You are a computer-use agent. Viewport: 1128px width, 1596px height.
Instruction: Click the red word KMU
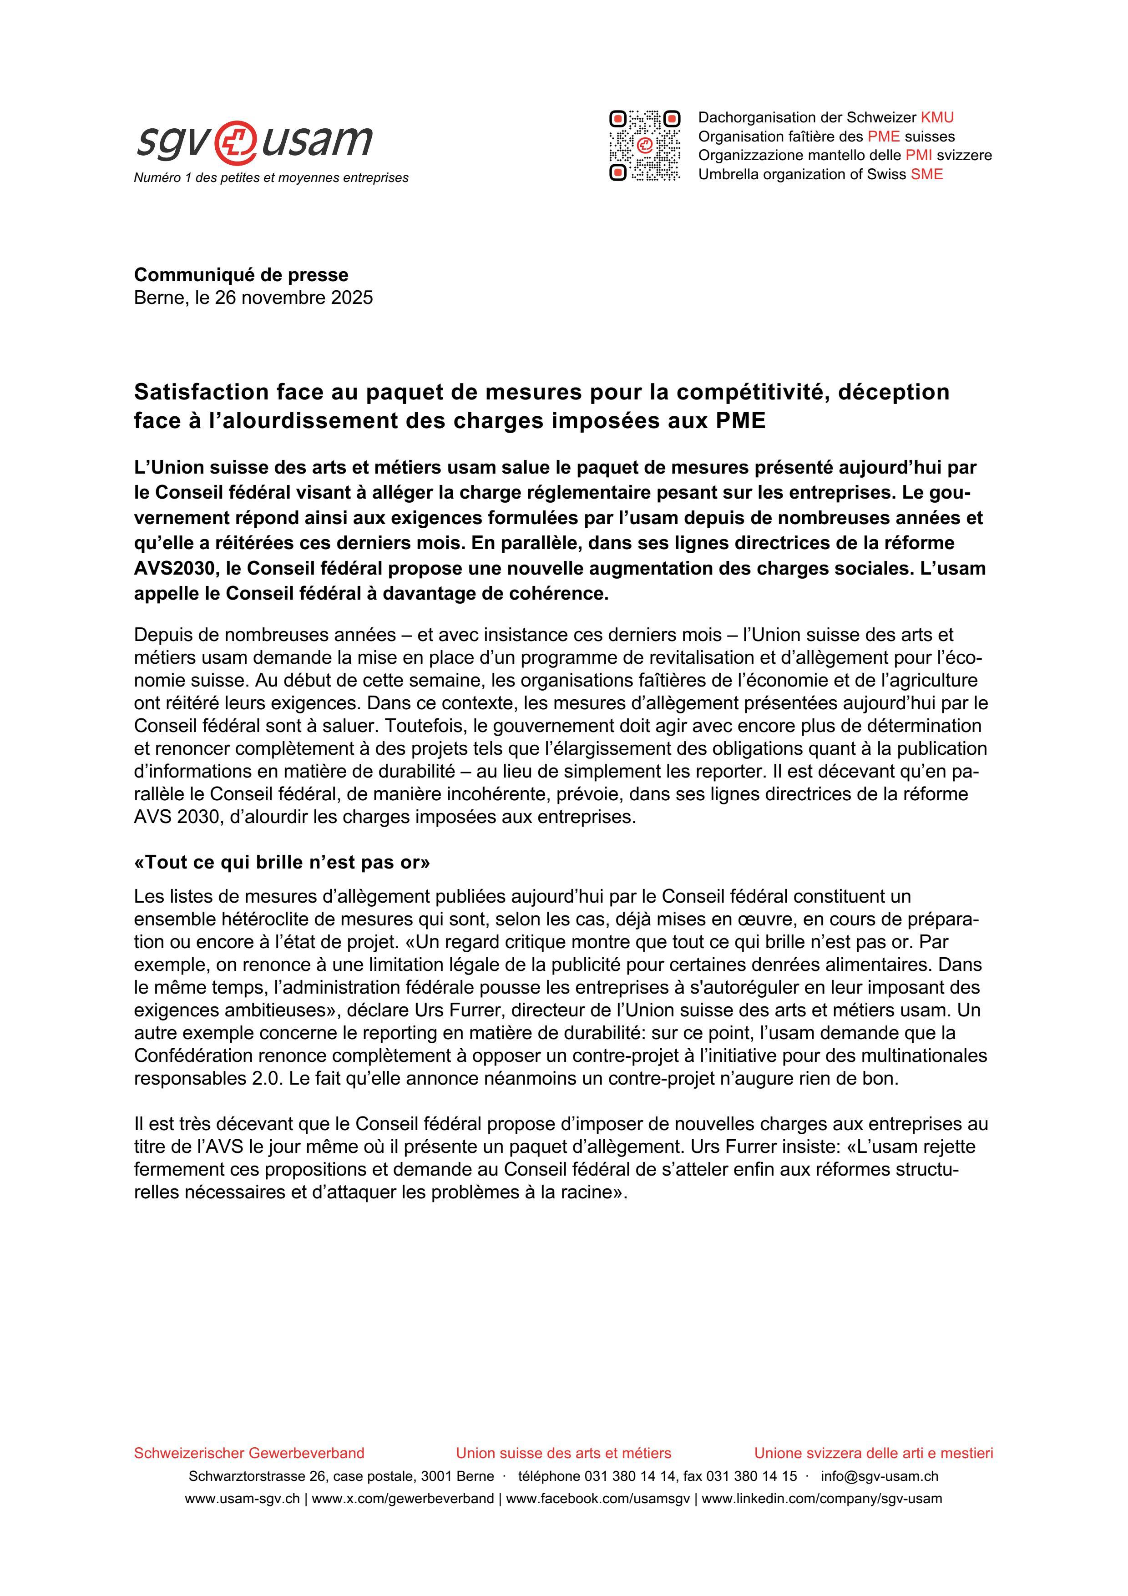pos(937,117)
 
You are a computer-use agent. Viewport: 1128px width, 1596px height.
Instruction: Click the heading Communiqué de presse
pos(241,275)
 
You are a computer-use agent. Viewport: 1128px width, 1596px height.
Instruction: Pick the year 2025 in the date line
pos(350,298)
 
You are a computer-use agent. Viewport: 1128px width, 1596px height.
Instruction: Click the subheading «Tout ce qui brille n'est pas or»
pos(282,863)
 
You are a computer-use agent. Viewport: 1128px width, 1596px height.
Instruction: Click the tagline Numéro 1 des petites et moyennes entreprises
pos(271,178)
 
